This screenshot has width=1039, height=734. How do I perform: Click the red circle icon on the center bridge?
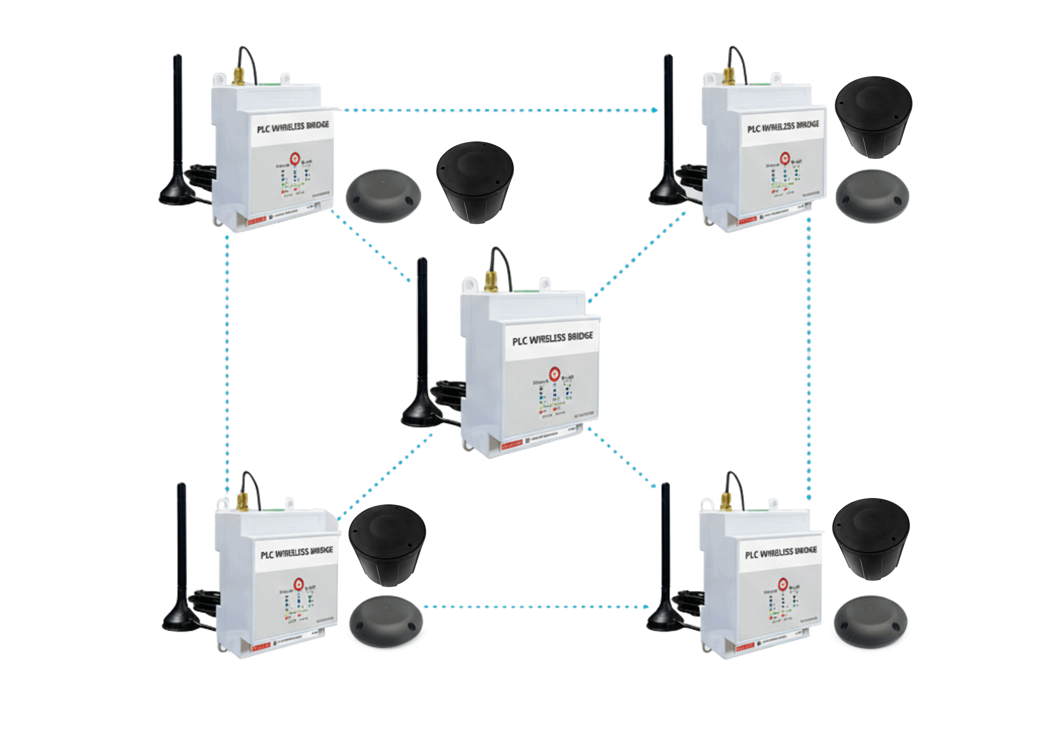coord(553,374)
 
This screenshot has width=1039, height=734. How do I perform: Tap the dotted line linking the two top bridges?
coord(498,110)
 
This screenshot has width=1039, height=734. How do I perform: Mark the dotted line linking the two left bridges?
coord(226,362)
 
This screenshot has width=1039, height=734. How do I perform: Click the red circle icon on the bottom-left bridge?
coord(299,584)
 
